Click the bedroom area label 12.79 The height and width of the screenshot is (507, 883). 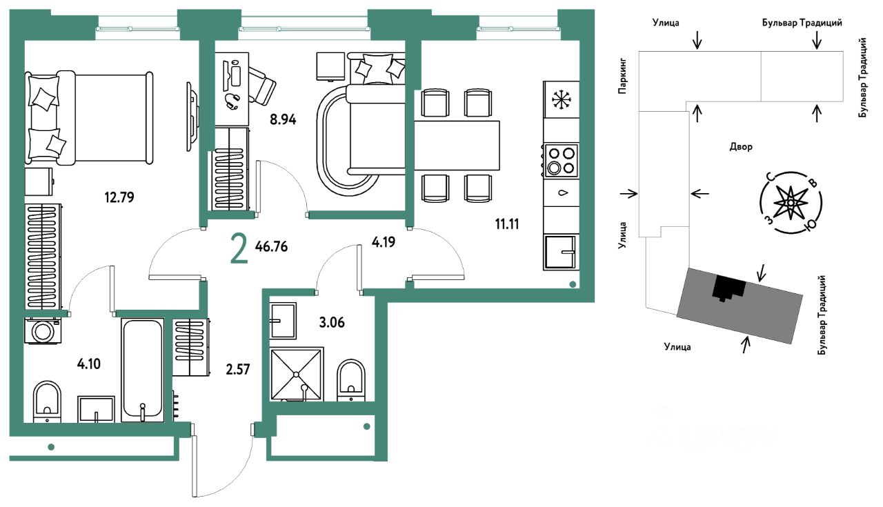point(119,197)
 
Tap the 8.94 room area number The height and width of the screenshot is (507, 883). point(283,119)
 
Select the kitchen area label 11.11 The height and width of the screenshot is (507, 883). point(507,224)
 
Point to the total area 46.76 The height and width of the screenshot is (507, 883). point(271,247)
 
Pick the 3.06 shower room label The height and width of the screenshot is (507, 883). point(332,323)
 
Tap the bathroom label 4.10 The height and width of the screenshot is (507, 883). point(89,364)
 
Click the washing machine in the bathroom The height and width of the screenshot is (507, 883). point(43,331)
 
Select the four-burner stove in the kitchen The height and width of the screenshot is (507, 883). point(561,160)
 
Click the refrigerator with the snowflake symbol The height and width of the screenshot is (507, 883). point(561,99)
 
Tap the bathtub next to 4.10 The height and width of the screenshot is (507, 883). point(142,370)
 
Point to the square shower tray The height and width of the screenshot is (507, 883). point(297,374)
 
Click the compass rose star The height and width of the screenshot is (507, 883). point(791,203)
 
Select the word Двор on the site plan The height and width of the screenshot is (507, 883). point(741,147)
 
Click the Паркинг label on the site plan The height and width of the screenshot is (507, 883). point(622,77)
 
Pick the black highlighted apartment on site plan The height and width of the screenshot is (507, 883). point(729,287)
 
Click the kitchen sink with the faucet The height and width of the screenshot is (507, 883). point(561,252)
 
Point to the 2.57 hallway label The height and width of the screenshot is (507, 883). point(238,370)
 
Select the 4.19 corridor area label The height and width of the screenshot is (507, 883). point(384,241)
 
